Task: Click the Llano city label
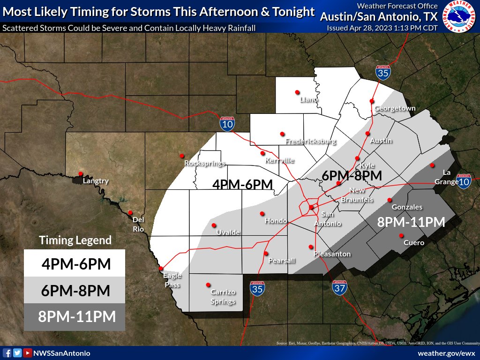(309, 99)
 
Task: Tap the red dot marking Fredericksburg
(282, 134)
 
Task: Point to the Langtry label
(96, 181)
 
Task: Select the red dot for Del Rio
(130, 212)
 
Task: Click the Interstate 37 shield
(339, 287)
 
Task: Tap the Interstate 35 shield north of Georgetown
(383, 72)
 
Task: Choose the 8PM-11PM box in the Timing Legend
(75, 316)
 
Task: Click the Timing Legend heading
(75, 240)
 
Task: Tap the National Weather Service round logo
(459, 17)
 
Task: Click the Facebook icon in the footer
(7, 353)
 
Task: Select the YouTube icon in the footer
(28, 353)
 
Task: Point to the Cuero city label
(414, 243)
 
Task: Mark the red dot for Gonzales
(390, 200)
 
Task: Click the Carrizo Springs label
(223, 297)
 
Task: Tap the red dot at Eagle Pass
(161, 269)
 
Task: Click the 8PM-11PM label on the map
(411, 222)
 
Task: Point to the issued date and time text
(382, 28)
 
